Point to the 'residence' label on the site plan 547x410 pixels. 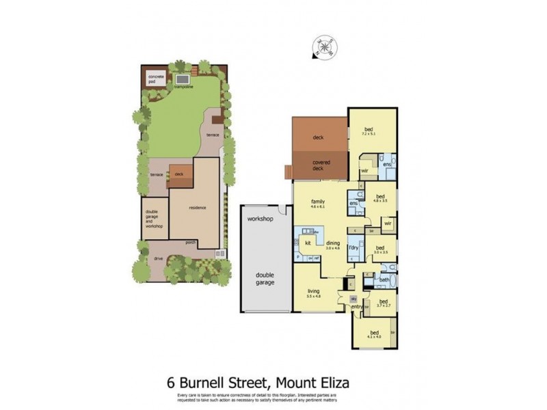(x=198, y=208)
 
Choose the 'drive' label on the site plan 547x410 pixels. (x=158, y=259)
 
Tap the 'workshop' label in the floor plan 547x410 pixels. (x=261, y=219)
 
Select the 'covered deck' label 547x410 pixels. (x=321, y=165)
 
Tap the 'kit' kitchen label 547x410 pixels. (x=308, y=243)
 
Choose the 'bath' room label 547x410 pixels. (x=384, y=279)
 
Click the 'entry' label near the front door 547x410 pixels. (x=356, y=307)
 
